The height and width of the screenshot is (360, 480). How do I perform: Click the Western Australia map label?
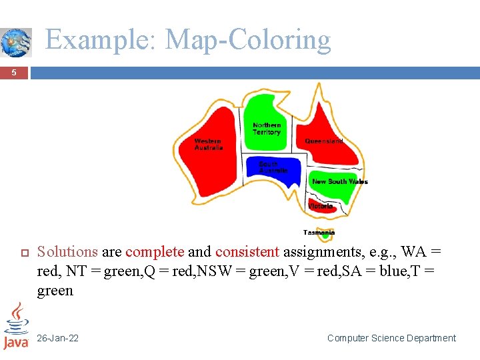pos(208,144)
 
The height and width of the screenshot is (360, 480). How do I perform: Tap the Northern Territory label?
pos(267,129)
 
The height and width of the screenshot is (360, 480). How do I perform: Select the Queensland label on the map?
pos(325,141)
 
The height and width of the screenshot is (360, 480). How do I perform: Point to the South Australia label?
pos(273,167)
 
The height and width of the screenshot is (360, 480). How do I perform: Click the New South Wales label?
pos(339,181)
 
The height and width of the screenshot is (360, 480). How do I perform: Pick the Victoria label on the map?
pos(321,206)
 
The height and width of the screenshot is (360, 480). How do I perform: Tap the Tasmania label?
pos(319,232)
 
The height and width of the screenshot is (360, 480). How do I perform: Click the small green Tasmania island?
pos(325,237)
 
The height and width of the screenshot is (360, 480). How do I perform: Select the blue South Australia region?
pos(280,175)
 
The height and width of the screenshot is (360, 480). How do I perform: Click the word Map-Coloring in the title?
pos(248,40)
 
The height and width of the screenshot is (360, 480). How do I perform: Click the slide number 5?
pos(14,73)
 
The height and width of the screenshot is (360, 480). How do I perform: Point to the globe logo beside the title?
pos(16,42)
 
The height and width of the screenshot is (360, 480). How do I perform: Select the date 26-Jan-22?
pos(57,338)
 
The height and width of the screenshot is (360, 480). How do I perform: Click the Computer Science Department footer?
pos(391,338)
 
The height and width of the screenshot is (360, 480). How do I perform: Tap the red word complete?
pos(155,252)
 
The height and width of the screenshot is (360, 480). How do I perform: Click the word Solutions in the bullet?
pos(67,252)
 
